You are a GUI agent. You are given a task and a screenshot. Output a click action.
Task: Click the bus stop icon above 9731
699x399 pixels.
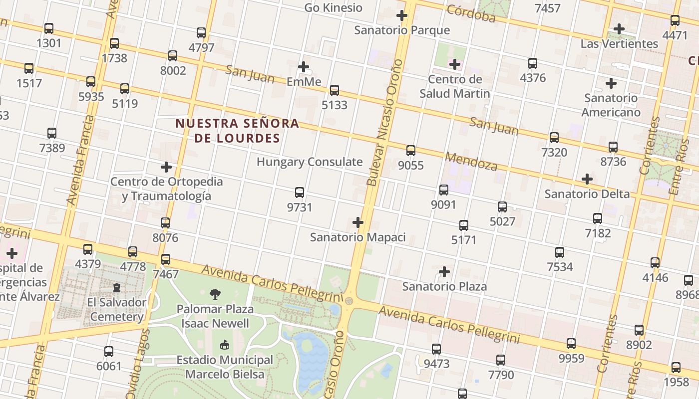point(300,193)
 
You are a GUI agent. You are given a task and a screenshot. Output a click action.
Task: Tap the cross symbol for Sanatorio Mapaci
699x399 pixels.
point(358,222)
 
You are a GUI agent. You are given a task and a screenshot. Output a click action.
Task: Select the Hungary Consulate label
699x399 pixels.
point(310,162)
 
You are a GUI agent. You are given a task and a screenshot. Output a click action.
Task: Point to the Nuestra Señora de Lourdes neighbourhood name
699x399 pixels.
point(237,130)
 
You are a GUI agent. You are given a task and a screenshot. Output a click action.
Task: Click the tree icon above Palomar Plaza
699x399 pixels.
point(215,294)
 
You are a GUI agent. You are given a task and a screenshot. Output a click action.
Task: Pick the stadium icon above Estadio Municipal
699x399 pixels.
point(225,345)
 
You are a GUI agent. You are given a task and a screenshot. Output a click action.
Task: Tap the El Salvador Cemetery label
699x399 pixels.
point(117,309)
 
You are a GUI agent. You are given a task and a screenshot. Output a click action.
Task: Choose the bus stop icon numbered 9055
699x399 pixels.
point(411,150)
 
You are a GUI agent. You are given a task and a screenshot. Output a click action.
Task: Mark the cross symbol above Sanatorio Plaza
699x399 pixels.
point(444,272)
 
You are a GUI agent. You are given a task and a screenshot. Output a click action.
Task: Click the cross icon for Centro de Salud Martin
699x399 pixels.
point(454,64)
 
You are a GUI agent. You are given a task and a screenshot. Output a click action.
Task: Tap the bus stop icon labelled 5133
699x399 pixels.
point(335,90)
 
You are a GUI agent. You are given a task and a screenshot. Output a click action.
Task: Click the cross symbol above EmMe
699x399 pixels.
point(304,67)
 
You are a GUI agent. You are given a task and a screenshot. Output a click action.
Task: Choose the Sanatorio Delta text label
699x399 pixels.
point(587,194)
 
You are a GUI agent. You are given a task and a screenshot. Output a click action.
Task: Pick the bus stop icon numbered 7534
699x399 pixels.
point(560,252)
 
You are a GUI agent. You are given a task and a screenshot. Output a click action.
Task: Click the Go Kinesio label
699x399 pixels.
point(333,7)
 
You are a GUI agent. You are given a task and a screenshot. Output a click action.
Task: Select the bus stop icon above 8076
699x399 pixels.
point(165,223)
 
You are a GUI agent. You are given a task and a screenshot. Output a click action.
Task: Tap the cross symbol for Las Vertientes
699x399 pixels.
point(619,29)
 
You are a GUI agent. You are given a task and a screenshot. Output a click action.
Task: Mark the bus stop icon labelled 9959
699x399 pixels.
point(571,344)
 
